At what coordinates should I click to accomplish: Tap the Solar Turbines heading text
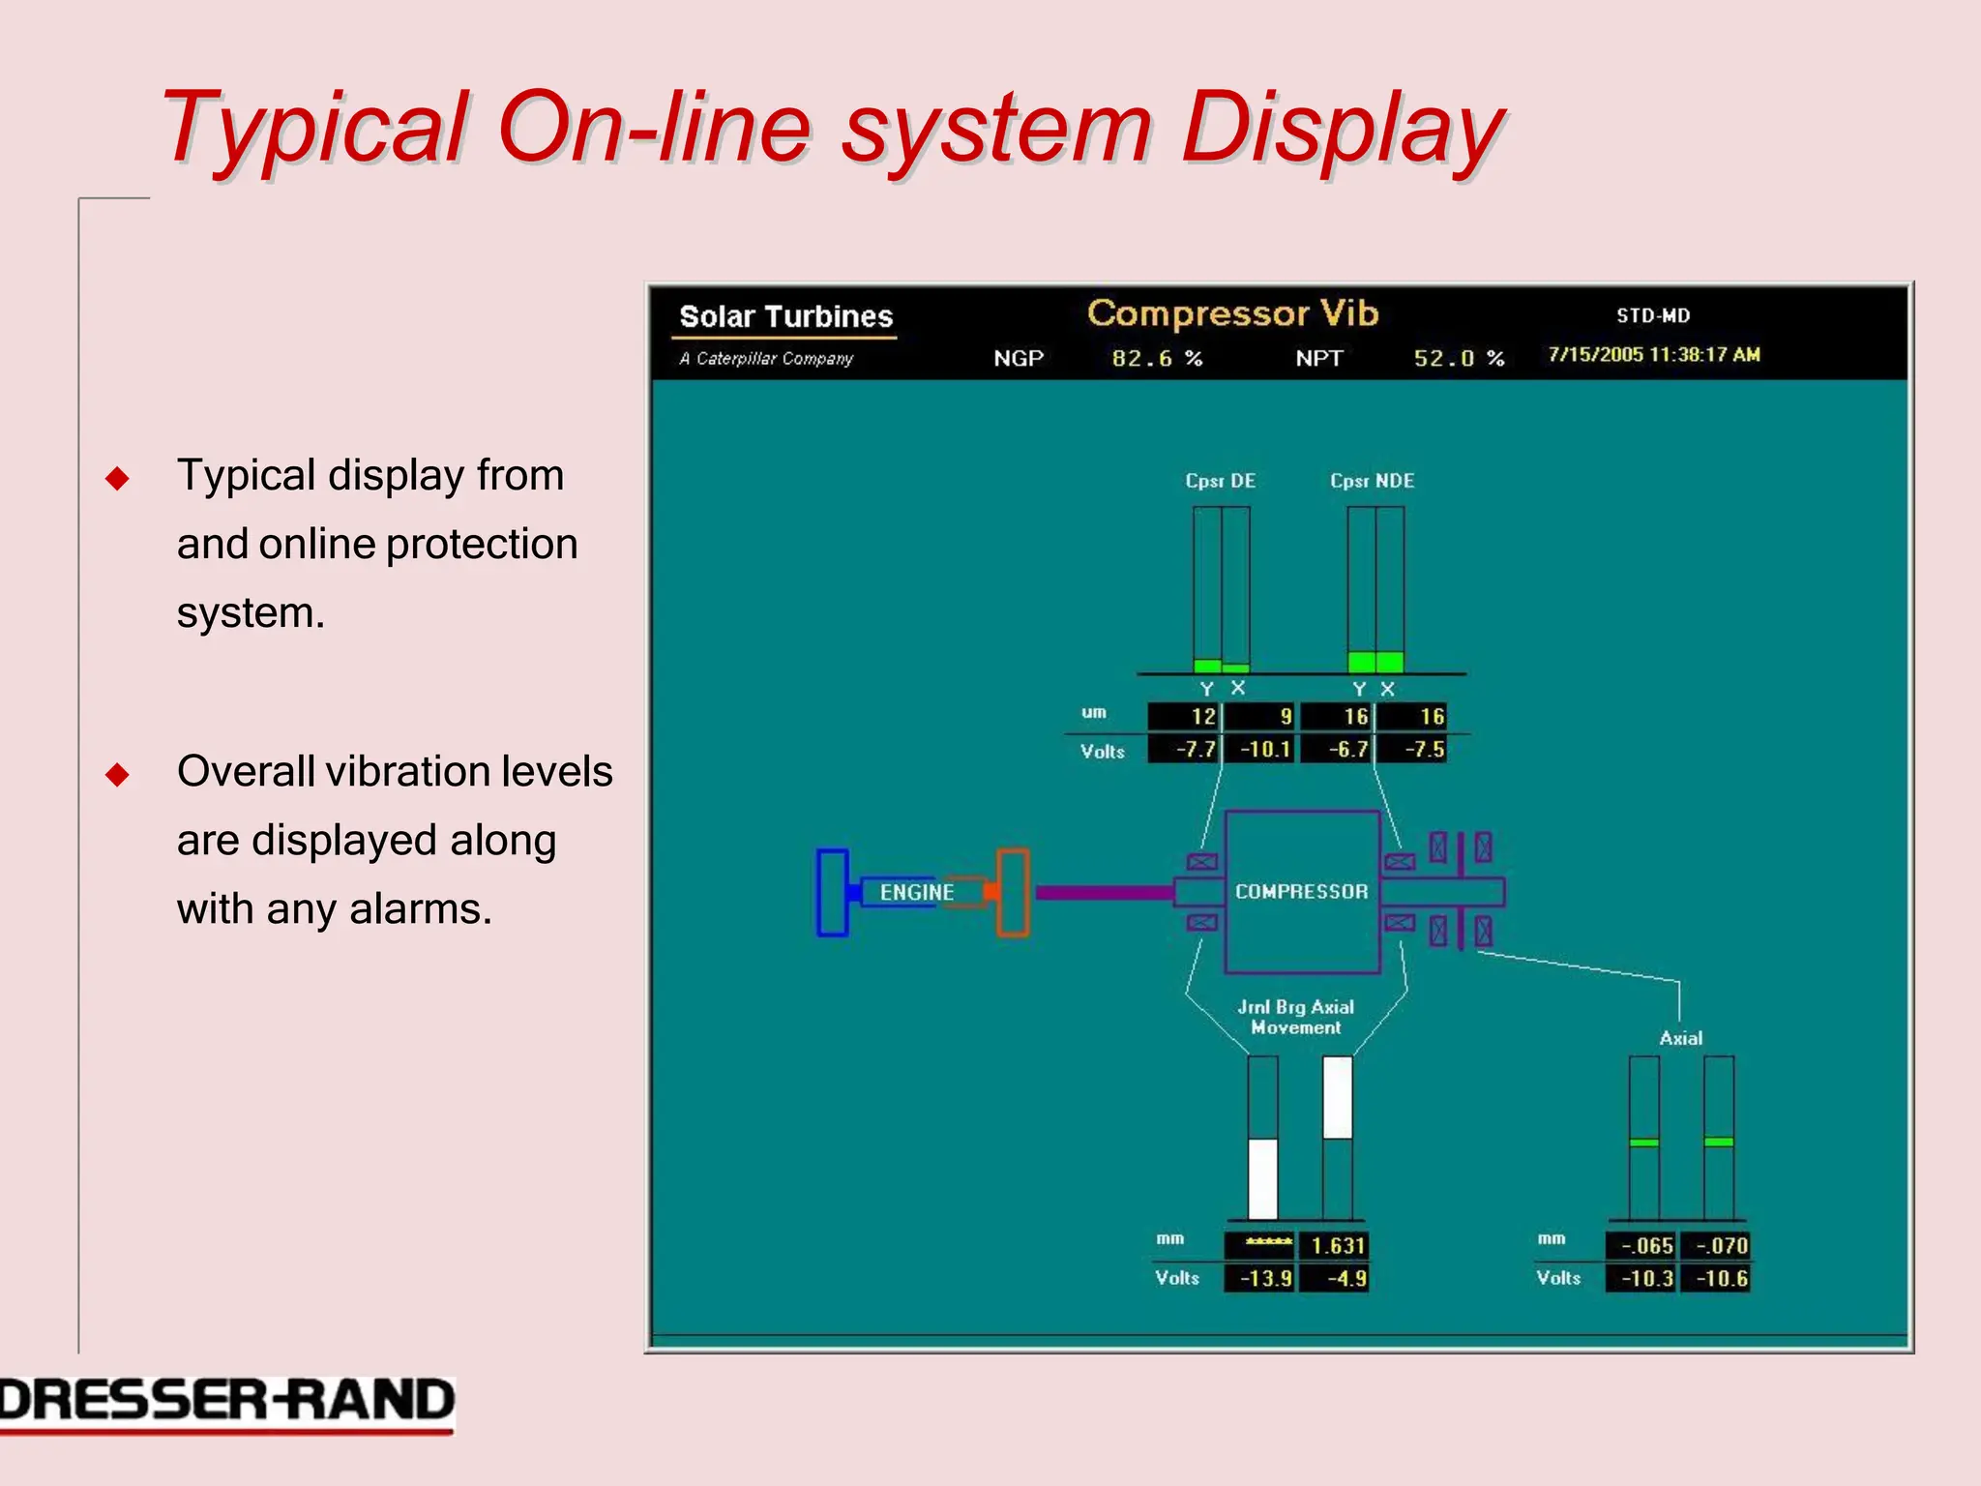tap(785, 316)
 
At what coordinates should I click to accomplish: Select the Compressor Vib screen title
tap(1232, 313)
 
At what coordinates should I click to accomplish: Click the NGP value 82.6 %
tap(1157, 358)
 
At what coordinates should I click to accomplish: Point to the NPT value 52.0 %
tap(1459, 358)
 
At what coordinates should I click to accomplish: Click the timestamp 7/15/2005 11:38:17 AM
tap(1653, 354)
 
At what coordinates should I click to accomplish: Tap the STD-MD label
tap(1653, 315)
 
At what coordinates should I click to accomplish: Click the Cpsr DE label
tap(1220, 481)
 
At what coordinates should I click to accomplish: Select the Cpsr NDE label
tap(1372, 481)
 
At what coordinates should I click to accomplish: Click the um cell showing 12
tap(1185, 717)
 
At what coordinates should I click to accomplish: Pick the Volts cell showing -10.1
tap(1259, 750)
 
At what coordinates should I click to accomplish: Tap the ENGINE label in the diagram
tap(916, 892)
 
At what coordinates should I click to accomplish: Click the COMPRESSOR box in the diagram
tap(1302, 891)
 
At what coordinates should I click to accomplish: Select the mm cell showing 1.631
tap(1335, 1246)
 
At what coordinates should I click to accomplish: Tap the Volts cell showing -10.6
tap(1717, 1279)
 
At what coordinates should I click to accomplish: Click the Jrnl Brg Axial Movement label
tap(1296, 1017)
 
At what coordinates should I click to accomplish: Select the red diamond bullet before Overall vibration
tap(117, 774)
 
